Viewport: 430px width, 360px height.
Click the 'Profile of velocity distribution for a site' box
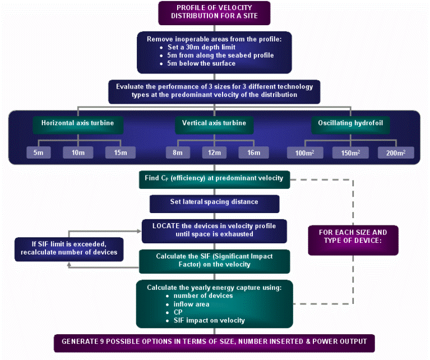coord(214,12)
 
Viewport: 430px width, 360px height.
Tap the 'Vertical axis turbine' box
coord(214,123)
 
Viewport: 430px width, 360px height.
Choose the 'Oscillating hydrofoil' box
coord(350,123)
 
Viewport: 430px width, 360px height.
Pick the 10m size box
coord(78,152)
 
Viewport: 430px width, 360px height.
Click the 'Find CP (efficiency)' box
coord(214,179)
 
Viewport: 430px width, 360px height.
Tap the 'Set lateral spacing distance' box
coord(214,202)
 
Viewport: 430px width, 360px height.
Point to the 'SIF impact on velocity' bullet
coord(209,320)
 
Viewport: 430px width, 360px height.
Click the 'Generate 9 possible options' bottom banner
coord(214,341)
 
